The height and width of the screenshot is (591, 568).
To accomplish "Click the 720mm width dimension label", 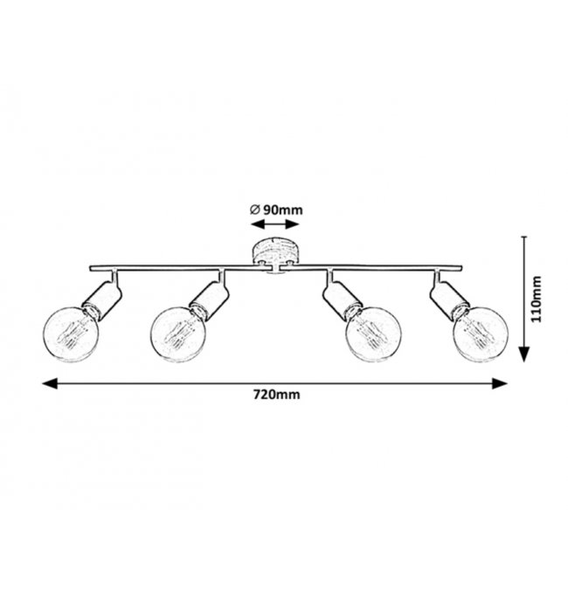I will pos(276,395).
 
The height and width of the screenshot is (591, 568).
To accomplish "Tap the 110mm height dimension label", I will pos(537,299).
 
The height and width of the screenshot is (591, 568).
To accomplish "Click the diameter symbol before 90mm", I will pos(253,210).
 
